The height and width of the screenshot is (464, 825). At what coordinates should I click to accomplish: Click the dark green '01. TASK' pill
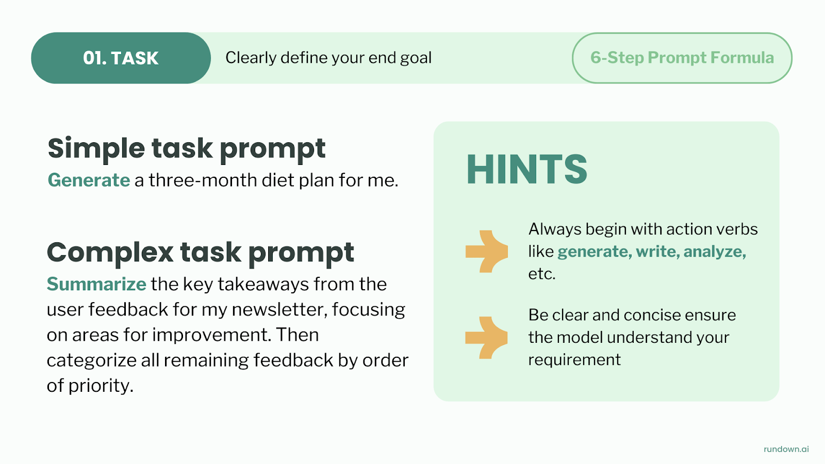(121, 58)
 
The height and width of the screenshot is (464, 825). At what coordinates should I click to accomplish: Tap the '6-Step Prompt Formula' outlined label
(682, 58)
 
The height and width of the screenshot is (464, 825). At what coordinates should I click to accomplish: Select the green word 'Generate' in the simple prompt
(89, 180)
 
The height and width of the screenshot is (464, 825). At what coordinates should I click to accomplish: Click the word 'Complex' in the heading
(110, 253)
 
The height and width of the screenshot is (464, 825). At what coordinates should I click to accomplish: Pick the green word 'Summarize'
(96, 284)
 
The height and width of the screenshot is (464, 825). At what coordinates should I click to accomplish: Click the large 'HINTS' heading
(526, 170)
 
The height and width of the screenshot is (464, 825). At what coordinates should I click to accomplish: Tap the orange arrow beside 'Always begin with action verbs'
(487, 252)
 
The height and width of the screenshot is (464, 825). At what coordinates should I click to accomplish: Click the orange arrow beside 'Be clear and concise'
(486, 338)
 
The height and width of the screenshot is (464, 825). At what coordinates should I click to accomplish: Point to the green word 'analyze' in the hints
(715, 252)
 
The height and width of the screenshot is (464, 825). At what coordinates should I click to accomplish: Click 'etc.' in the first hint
(542, 274)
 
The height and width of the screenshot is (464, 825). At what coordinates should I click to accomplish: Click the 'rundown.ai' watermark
(786, 449)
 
